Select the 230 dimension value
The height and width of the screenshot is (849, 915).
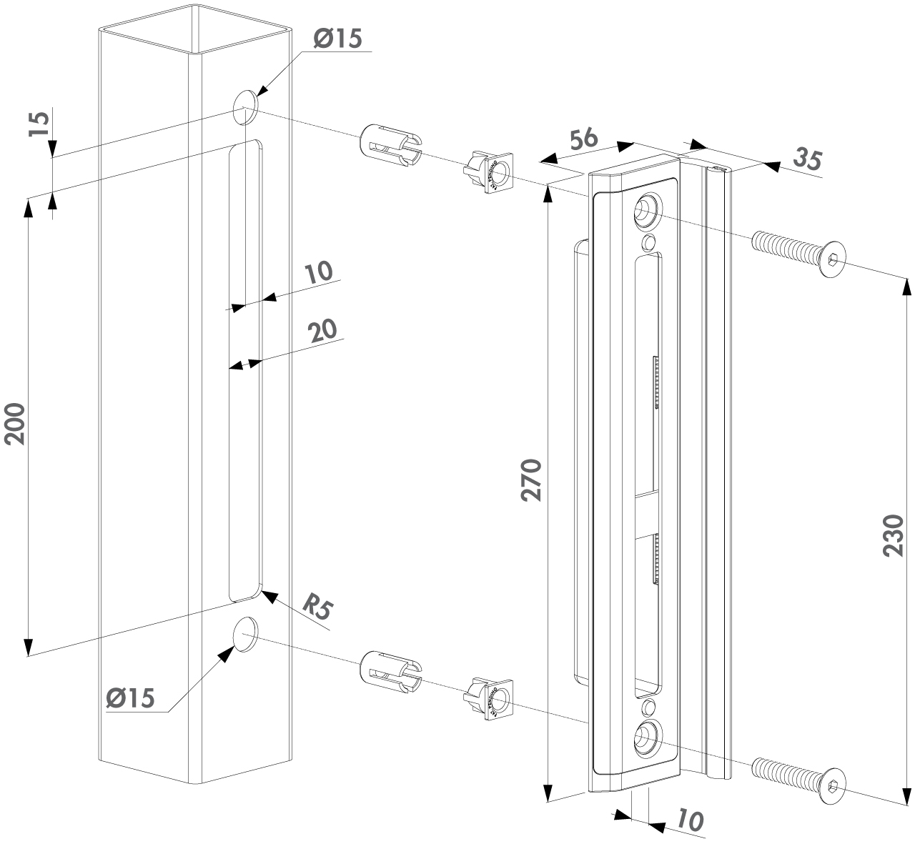click(894, 535)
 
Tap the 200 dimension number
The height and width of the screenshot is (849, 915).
click(16, 424)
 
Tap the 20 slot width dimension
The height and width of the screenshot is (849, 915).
click(322, 330)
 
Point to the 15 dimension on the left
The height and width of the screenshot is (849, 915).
click(41, 124)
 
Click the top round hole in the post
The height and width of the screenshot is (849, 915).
click(245, 105)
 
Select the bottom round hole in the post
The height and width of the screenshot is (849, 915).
click(245, 633)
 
